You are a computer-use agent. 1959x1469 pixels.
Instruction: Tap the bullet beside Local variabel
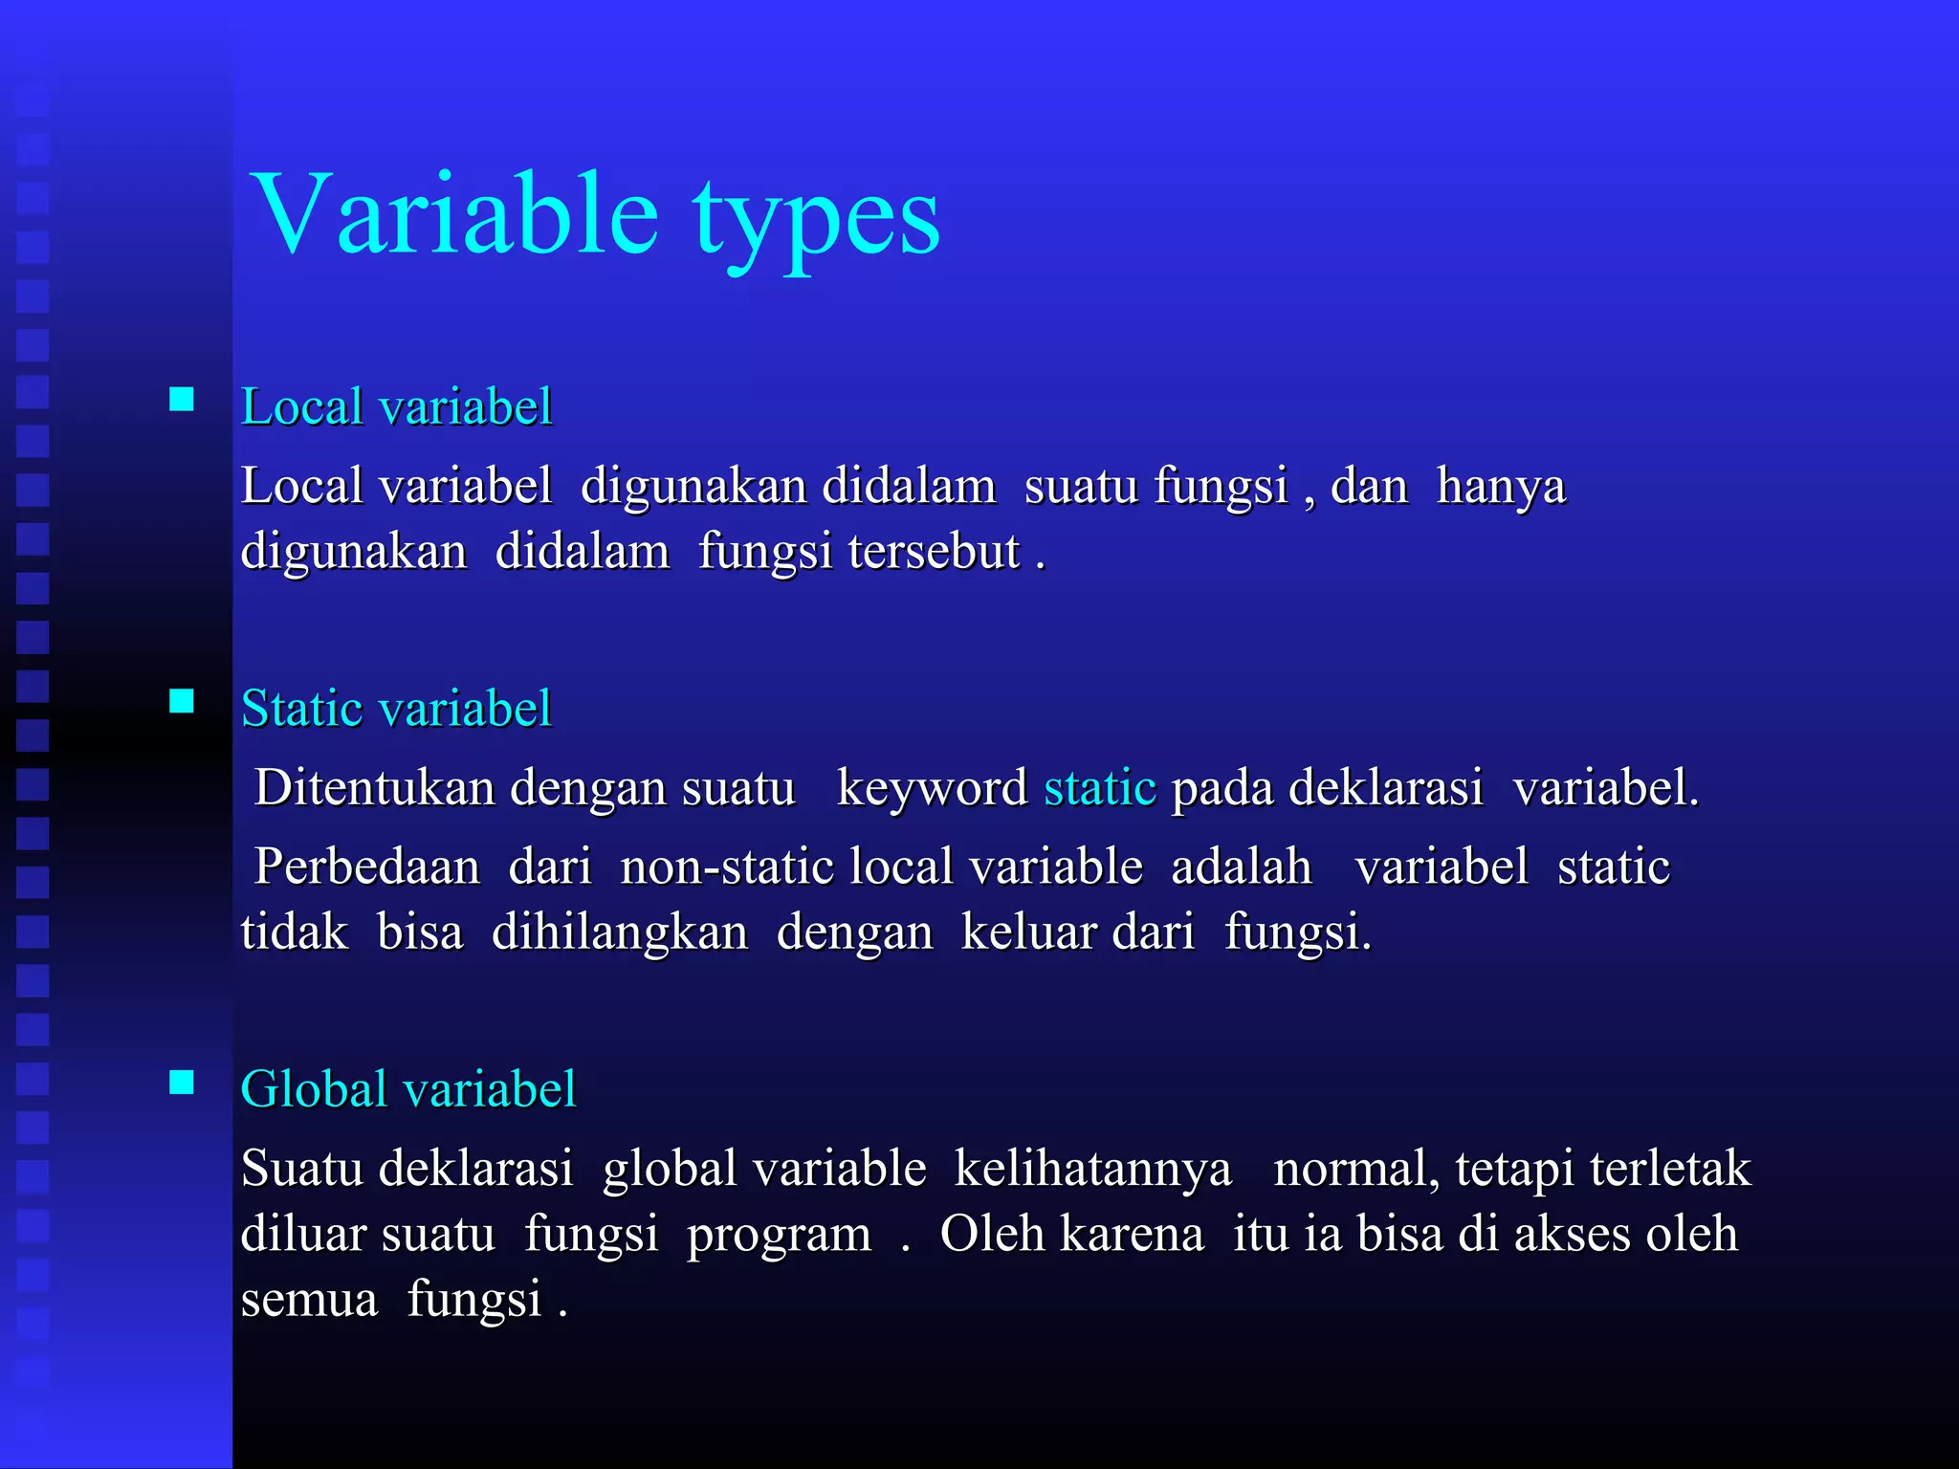pyautogui.click(x=182, y=399)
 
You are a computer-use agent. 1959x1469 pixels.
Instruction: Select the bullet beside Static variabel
pyautogui.click(x=182, y=701)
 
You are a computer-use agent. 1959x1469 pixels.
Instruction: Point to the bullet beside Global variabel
pyautogui.click(x=182, y=1082)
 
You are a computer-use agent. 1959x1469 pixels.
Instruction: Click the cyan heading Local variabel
pyautogui.click(x=396, y=406)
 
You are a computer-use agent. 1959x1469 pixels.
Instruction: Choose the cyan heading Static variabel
pyautogui.click(x=396, y=709)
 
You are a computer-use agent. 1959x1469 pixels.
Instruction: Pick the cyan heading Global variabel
pyautogui.click(x=408, y=1089)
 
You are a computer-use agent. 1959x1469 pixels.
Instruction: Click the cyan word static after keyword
pyautogui.click(x=1100, y=788)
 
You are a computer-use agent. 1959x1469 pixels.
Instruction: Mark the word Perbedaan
pyautogui.click(x=366, y=866)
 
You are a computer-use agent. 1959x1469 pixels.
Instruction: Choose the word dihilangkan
pyautogui.click(x=620, y=932)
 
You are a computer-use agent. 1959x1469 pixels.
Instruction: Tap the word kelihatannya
pyautogui.click(x=1092, y=1170)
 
